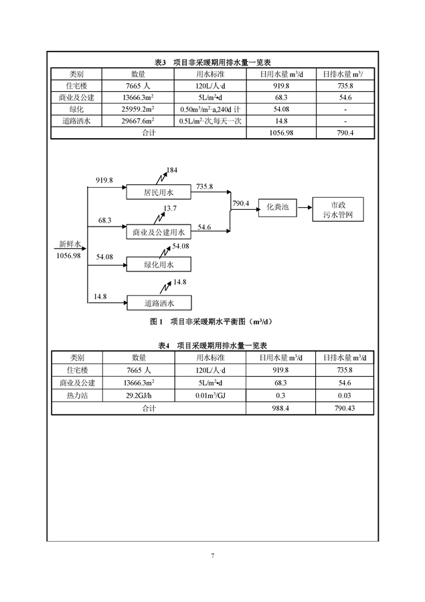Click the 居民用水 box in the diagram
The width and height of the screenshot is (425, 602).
point(159,192)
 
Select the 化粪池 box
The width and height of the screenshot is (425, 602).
point(278,208)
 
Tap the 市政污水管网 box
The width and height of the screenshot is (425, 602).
point(338,210)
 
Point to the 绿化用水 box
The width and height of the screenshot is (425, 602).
point(159,265)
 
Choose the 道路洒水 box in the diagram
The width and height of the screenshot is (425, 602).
point(159,303)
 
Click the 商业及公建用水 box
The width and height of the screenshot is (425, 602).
point(159,232)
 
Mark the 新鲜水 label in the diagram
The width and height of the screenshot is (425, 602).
point(70,244)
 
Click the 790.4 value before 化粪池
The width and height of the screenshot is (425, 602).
point(241,204)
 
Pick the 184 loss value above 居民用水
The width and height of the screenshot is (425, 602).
point(172,170)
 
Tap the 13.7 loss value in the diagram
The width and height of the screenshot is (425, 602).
point(170,208)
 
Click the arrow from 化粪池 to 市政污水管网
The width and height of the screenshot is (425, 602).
point(305,208)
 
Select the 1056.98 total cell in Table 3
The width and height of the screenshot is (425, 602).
point(281,133)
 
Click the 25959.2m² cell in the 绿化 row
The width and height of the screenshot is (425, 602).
point(138,109)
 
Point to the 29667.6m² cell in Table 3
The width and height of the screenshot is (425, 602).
point(138,121)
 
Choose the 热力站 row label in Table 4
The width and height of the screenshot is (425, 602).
point(77,396)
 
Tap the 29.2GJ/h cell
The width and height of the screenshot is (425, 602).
point(139,396)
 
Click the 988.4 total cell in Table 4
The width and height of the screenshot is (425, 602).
point(280,408)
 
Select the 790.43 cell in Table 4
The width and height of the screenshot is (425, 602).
point(345,408)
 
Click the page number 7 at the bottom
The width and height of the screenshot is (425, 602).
point(213,555)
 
